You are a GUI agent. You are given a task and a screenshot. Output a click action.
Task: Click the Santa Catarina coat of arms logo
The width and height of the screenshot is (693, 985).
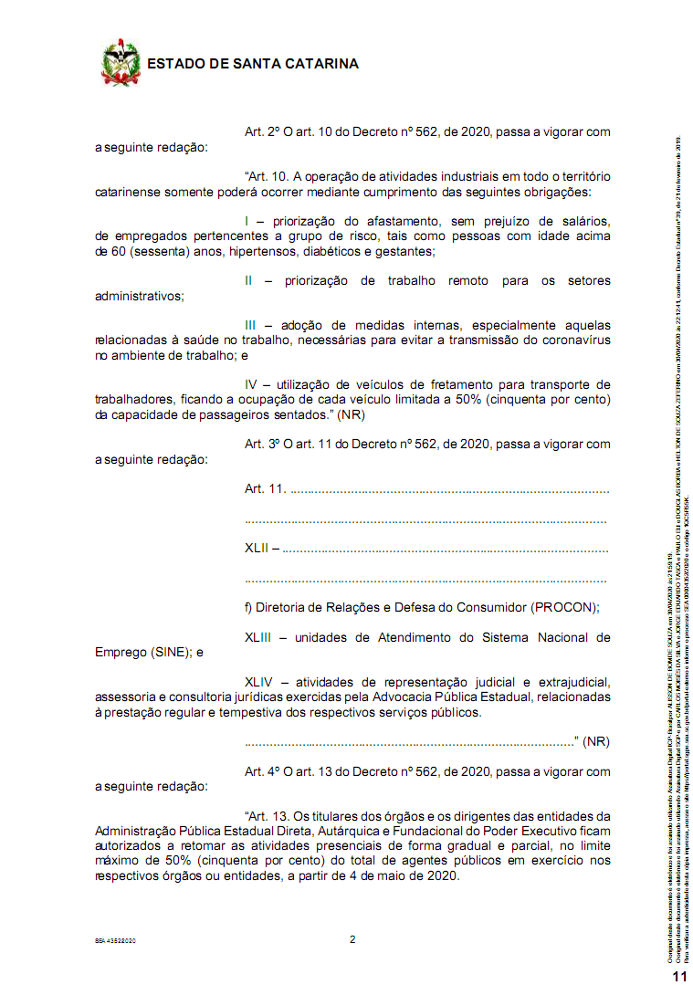tap(120, 63)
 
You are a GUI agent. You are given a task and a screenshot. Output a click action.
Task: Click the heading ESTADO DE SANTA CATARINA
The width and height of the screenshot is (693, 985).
tap(252, 64)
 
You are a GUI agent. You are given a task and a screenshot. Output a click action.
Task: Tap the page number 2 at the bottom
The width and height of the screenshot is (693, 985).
tap(352, 939)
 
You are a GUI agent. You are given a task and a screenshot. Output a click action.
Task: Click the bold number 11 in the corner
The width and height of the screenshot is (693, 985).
tap(679, 976)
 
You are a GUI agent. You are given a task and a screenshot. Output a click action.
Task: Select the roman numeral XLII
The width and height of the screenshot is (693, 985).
tap(257, 549)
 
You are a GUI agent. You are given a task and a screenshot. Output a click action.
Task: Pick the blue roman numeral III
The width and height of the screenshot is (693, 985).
tap(251, 325)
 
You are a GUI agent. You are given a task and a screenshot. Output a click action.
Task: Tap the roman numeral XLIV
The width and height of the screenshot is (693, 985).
tap(259, 682)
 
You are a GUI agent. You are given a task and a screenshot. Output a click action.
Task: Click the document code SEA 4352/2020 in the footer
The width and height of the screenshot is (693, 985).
tap(115, 940)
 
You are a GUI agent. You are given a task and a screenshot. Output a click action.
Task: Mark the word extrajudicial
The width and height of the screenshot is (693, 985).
tap(566, 682)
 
